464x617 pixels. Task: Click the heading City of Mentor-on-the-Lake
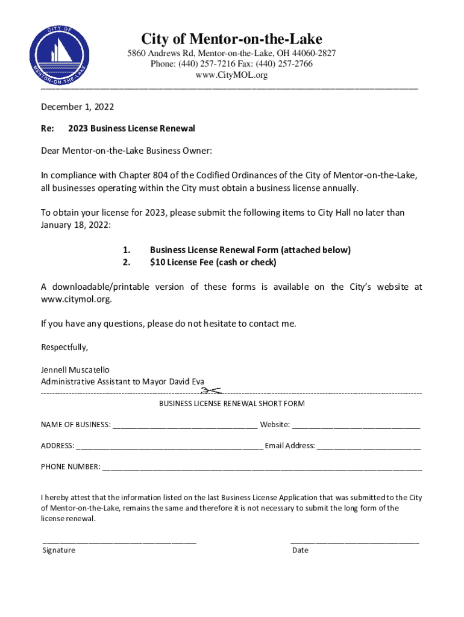[231, 39]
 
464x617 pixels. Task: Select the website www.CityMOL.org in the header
[231, 75]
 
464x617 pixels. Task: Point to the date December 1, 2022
[77, 107]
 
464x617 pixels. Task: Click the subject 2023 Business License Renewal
[131, 129]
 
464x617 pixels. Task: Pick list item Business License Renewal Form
[250, 249]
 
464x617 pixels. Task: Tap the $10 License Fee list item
[213, 262]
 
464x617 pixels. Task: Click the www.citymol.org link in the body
[76, 299]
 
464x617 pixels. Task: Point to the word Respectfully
[64, 347]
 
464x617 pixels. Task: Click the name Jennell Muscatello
[75, 370]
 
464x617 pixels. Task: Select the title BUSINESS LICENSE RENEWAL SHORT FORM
[231, 403]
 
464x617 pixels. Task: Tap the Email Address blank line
[369, 446]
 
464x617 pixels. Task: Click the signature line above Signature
[119, 542]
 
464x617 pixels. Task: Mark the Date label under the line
[299, 550]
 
